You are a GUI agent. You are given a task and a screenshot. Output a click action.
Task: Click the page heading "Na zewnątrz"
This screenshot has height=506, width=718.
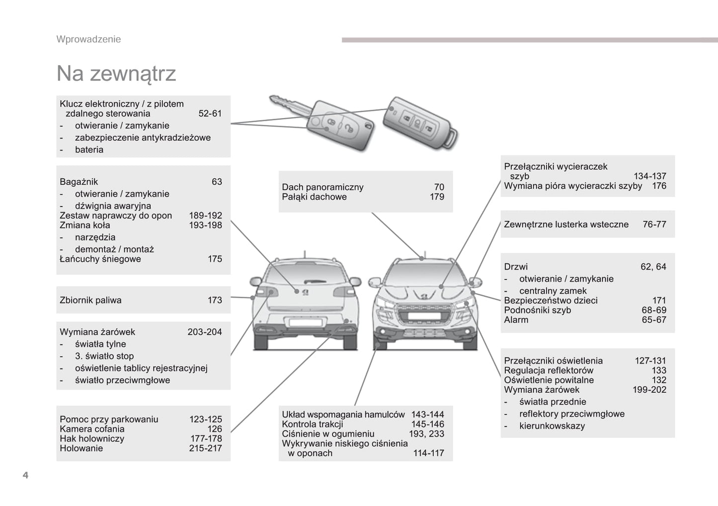point(116,73)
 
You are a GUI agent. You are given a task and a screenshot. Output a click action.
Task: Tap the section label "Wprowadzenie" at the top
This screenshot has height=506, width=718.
point(88,39)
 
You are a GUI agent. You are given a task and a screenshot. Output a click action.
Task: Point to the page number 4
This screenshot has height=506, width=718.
point(25,475)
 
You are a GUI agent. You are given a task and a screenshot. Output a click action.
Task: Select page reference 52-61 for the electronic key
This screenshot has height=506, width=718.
point(210,113)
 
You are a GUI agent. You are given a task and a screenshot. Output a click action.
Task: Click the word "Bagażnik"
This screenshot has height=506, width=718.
point(79,182)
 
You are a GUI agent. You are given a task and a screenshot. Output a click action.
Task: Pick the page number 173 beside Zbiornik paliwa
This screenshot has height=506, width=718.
point(215,300)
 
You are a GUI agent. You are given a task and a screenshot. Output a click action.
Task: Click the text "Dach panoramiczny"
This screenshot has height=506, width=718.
point(322,187)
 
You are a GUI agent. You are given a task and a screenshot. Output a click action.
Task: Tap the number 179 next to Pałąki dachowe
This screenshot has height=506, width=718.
point(437,197)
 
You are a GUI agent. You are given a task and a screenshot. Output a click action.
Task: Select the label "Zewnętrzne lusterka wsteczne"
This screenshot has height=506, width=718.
point(566,224)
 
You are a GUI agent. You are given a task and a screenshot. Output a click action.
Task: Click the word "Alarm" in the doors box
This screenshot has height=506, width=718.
point(516,320)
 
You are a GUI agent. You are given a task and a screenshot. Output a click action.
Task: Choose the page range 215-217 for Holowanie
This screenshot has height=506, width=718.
point(205,448)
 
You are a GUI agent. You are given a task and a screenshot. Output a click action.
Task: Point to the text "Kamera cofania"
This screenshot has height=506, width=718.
point(92,429)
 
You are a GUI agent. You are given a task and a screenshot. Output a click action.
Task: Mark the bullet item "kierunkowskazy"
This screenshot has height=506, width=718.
point(552,426)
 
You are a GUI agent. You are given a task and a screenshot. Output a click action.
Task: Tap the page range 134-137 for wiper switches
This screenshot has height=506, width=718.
point(649,176)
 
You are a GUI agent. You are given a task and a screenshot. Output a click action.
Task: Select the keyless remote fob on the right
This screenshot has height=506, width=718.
point(420,122)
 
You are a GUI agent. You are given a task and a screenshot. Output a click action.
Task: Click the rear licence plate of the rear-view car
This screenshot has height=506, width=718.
point(305,323)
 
